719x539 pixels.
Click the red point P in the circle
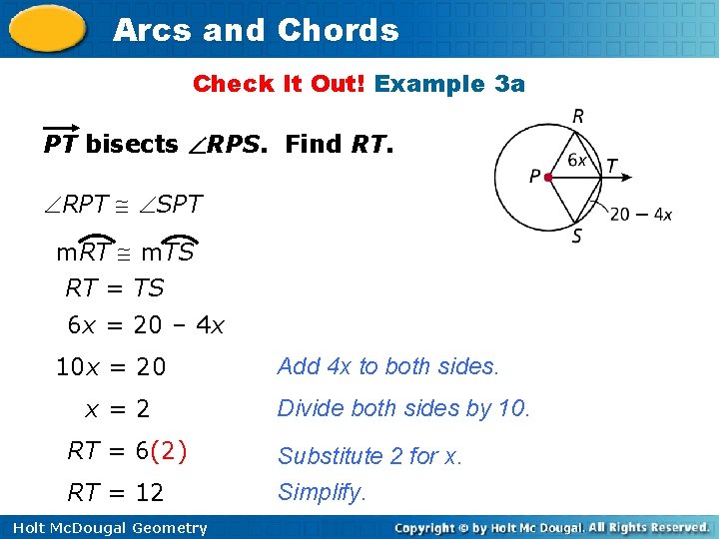tap(548, 177)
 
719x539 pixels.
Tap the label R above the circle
tap(578, 117)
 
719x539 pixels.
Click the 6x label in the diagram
tap(577, 160)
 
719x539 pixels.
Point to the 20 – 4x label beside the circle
tap(640, 214)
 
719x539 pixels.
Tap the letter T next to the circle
tap(611, 166)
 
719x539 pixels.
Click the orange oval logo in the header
tap(48, 28)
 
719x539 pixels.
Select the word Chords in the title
tap(338, 30)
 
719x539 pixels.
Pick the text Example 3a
tap(449, 84)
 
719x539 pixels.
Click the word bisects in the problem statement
tap(132, 145)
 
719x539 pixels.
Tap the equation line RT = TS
tap(114, 288)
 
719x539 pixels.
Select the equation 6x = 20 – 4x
tap(146, 325)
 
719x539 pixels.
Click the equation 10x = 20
tap(111, 367)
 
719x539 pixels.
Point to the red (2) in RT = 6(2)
tap(169, 450)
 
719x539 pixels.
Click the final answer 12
tap(150, 492)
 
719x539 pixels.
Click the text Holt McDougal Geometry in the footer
tap(110, 528)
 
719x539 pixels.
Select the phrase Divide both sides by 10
tap(403, 408)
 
